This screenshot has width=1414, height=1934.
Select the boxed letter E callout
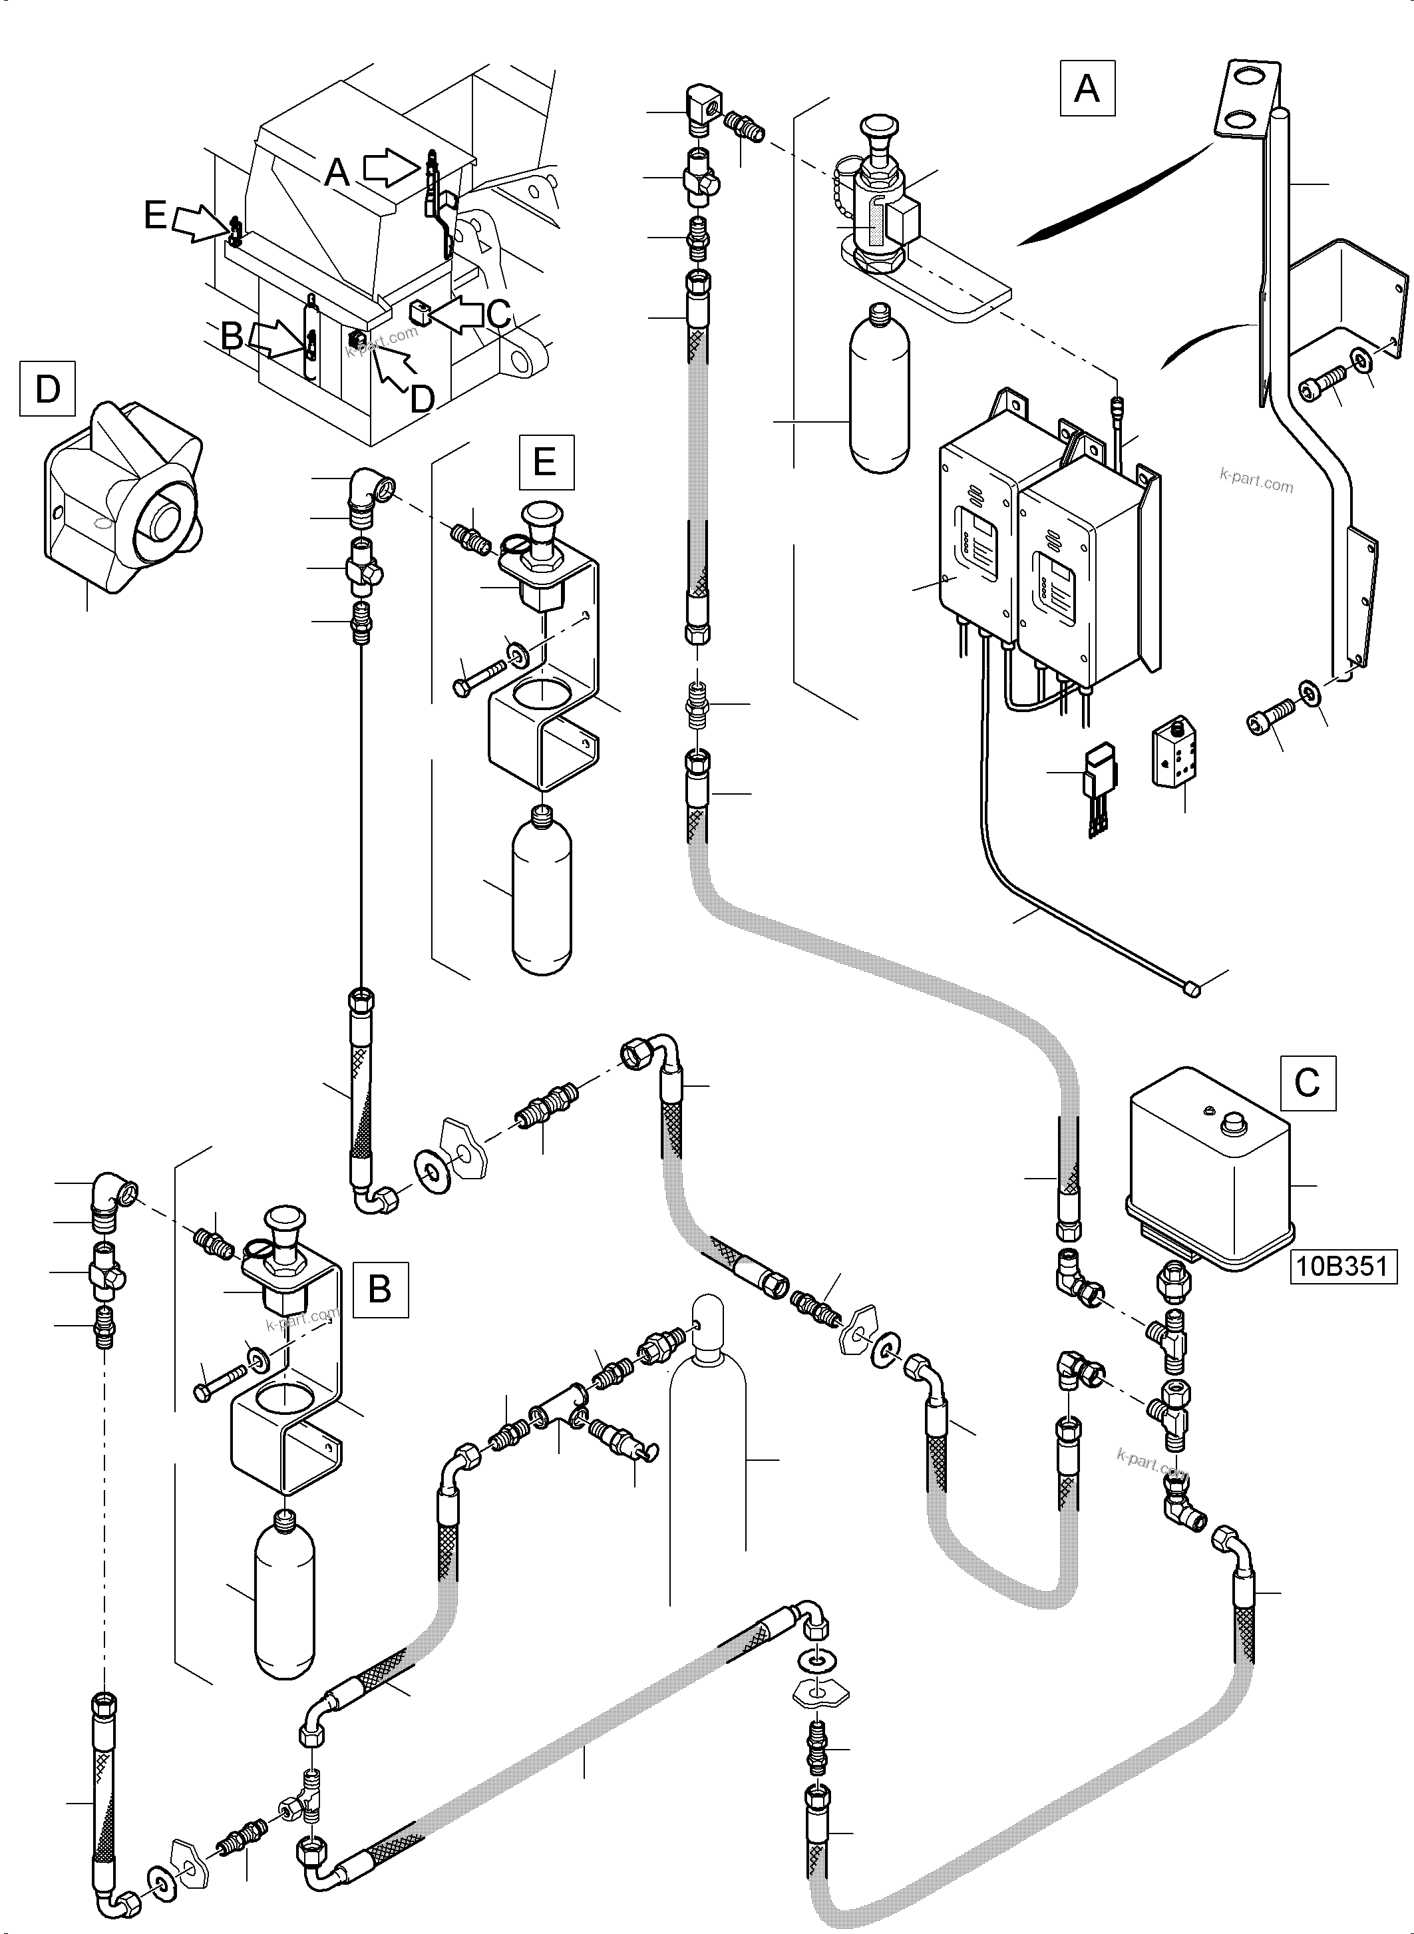click(545, 463)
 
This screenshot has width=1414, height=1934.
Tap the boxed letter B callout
click(379, 1288)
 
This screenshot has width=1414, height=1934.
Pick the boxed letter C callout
click(1307, 1082)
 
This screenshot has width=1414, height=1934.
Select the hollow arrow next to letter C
click(460, 314)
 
